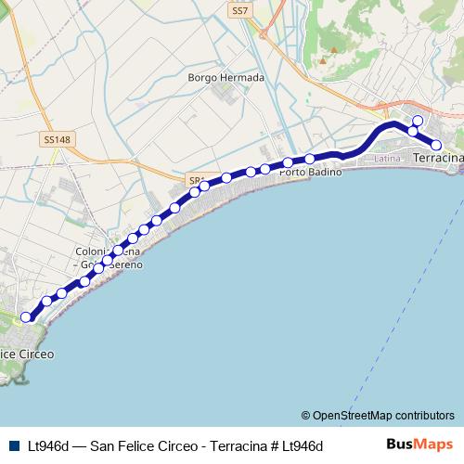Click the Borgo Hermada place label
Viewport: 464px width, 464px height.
tap(226, 78)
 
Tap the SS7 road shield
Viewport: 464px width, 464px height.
tap(240, 10)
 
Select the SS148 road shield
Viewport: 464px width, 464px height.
tap(57, 140)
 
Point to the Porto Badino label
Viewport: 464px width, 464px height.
tap(310, 173)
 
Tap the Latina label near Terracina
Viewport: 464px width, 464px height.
tap(387, 160)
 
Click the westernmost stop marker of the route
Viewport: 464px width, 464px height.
tap(26, 316)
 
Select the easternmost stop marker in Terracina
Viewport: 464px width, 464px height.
tap(435, 144)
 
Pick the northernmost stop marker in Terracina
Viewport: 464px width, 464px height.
tap(418, 121)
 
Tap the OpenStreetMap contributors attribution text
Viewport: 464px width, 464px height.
tap(383, 415)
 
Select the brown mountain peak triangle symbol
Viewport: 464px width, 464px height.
tap(323, 60)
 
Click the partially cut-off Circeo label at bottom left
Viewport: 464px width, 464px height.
tap(27, 354)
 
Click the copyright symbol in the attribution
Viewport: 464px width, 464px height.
tap(306, 415)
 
